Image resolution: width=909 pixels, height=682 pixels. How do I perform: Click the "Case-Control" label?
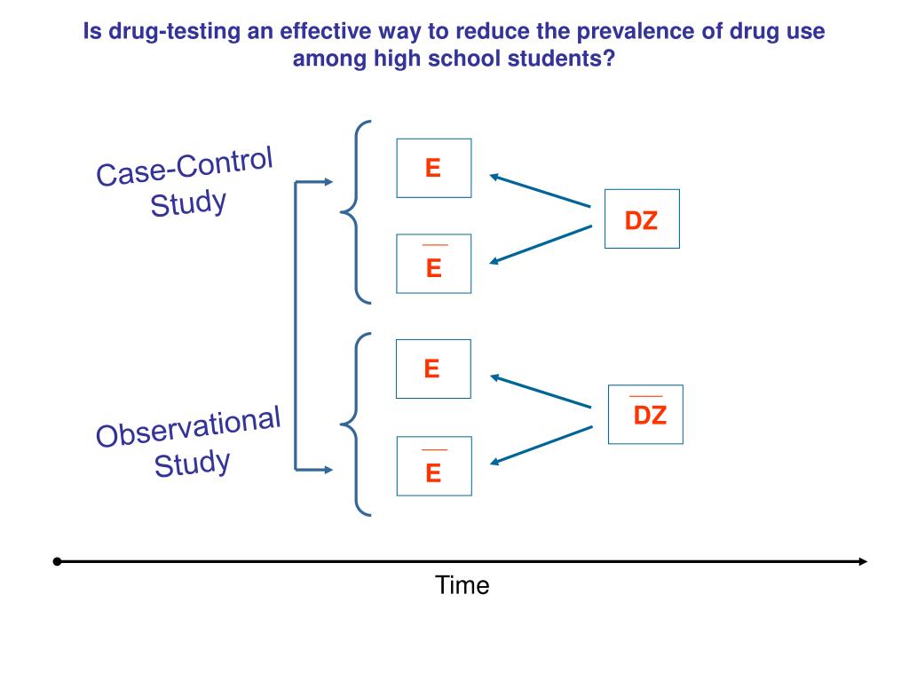(x=185, y=168)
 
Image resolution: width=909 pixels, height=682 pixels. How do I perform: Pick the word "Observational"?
(x=188, y=426)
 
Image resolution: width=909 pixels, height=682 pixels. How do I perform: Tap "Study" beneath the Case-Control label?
(x=188, y=203)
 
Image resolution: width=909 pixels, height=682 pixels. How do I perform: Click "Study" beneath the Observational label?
(x=192, y=463)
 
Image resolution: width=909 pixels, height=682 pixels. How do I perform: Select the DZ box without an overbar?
(x=641, y=219)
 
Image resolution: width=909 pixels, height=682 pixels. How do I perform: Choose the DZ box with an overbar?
(x=645, y=414)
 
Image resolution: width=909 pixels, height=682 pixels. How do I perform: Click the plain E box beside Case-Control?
(x=433, y=168)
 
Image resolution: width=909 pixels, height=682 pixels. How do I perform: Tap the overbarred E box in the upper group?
(x=433, y=264)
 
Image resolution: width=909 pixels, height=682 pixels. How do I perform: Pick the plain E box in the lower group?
(x=432, y=369)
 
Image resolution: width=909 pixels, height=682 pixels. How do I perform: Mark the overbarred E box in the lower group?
(x=433, y=466)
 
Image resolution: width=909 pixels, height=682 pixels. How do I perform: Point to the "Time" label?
(x=462, y=585)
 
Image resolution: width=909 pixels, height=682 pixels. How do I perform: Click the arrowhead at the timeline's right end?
(x=862, y=561)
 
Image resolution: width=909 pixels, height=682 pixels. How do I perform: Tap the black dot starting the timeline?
(x=57, y=561)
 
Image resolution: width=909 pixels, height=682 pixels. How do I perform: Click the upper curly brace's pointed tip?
(x=342, y=212)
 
